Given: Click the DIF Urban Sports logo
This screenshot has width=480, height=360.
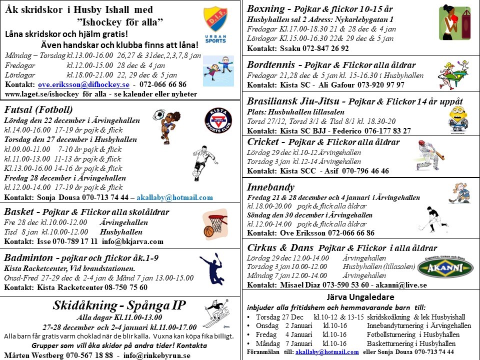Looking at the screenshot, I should (215, 24).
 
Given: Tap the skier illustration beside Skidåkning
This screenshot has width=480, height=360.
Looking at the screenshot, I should (216, 315).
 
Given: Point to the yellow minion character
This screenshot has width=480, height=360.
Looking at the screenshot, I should (458, 118).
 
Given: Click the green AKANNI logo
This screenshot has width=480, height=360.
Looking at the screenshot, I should (445, 267).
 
